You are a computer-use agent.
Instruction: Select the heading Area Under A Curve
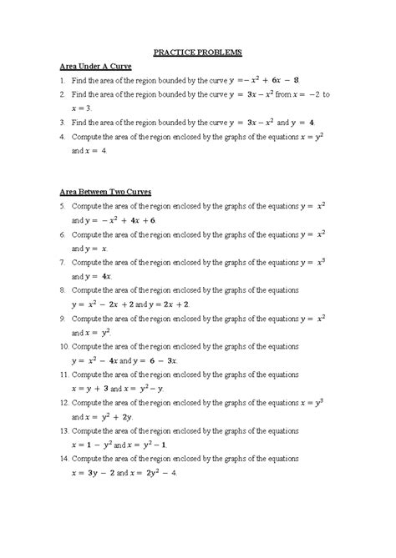96,66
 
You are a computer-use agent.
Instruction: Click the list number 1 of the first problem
62,81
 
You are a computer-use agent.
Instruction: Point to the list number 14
63,460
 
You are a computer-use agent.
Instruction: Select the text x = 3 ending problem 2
85,108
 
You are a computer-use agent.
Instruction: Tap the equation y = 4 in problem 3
322,122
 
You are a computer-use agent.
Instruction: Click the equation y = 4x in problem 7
104,276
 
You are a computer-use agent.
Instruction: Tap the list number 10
63,345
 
